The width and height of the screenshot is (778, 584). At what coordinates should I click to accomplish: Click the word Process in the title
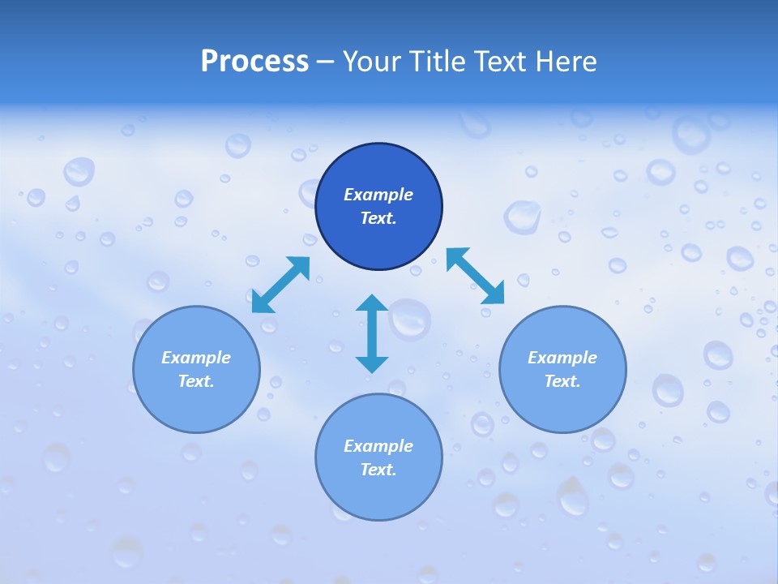point(254,61)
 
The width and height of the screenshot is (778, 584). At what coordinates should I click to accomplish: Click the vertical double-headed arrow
point(372,333)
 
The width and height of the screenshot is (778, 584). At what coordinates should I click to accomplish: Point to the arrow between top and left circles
point(280,285)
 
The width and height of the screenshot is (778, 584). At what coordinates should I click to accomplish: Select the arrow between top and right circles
point(476,276)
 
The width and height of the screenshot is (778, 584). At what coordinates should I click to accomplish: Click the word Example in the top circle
point(378,195)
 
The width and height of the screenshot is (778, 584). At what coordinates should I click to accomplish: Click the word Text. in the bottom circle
point(378,470)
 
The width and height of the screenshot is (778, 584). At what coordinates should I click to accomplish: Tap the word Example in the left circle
point(196,358)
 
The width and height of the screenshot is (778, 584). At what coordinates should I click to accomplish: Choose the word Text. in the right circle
point(562,381)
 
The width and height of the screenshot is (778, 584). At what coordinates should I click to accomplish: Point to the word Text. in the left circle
point(196,381)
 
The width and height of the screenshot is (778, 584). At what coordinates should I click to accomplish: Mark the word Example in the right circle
point(562,358)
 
